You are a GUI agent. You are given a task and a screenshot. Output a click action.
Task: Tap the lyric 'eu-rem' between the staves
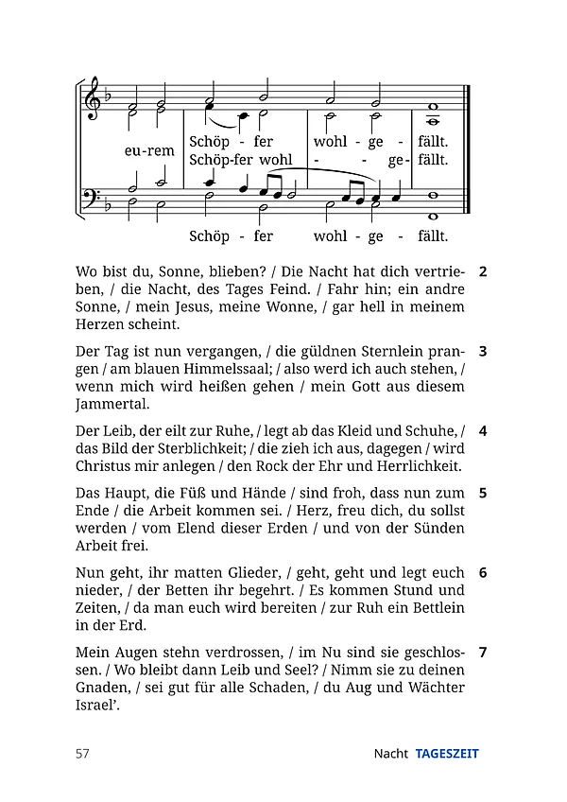click(x=149, y=150)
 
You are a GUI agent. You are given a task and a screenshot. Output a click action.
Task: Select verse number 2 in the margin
click(x=483, y=271)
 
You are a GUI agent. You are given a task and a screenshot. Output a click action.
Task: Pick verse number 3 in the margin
click(x=483, y=351)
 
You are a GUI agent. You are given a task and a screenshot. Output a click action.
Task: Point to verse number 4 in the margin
click(x=483, y=430)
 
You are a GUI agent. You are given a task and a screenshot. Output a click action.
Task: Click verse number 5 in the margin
click(x=483, y=493)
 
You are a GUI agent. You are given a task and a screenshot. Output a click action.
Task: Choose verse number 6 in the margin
click(x=483, y=572)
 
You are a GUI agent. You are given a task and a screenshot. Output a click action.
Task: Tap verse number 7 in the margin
click(x=483, y=652)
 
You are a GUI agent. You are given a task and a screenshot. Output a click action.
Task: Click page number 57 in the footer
click(x=82, y=754)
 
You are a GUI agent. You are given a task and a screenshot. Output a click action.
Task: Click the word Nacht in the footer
click(x=390, y=754)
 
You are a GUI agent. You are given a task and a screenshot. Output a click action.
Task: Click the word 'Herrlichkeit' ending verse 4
click(x=416, y=466)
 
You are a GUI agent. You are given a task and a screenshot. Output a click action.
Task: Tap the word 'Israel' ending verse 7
click(x=96, y=706)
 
